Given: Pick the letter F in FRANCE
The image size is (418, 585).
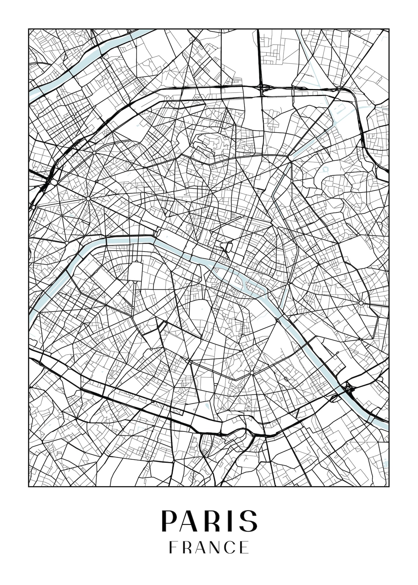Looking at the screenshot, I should click(172, 547).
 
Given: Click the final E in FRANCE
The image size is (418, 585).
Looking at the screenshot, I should click(245, 547).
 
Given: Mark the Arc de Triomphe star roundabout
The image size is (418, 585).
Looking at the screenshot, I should click(88, 199).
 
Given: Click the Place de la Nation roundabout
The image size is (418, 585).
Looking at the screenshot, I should click(361, 303).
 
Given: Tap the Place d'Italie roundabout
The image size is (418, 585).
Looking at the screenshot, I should click(252, 373).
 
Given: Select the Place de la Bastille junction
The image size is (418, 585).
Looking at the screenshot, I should click(289, 283).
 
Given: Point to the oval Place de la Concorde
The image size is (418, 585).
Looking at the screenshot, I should click(159, 232).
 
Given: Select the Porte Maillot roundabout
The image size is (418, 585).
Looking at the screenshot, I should click(54, 181).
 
